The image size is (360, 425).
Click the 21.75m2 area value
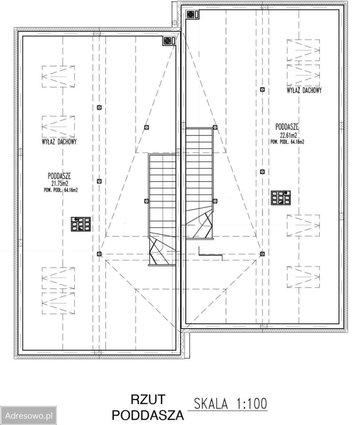pyautogui.click(x=60, y=183)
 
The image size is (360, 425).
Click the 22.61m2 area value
pyautogui.click(x=287, y=135)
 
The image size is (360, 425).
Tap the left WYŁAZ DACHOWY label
pyautogui.click(x=59, y=142)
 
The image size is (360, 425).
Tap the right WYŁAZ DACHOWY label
pyautogui.click(x=304, y=90)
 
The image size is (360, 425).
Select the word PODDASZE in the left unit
pyautogui.click(x=60, y=176)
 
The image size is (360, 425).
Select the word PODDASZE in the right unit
pyautogui.click(x=287, y=127)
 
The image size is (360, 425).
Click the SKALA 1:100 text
pyautogui.click(x=230, y=404)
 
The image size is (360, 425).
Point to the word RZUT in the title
pyautogui.click(x=148, y=399)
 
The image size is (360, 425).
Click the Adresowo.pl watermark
pyautogui.click(x=28, y=415)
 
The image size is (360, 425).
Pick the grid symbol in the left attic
pyautogui.click(x=80, y=224)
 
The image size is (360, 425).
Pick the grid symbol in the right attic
pyautogui.click(x=281, y=198)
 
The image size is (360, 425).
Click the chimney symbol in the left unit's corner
pyautogui.click(x=169, y=41)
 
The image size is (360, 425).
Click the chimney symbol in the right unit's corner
pyautogui.click(x=193, y=14)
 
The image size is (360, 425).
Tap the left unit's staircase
pyautogui.click(x=162, y=210)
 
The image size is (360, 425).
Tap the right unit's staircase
pyautogui.click(x=199, y=184)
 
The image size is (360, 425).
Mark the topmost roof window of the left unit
pyautogui.click(x=58, y=77)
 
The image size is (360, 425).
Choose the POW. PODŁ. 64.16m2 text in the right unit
pyautogui.click(x=287, y=142)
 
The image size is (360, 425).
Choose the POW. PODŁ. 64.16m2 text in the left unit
pyautogui.click(x=61, y=190)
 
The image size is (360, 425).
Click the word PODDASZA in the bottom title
pyautogui.click(x=148, y=415)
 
